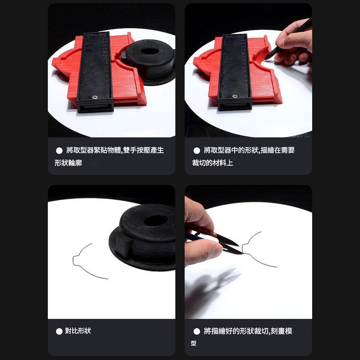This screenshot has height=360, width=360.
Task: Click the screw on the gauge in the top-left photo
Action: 95,96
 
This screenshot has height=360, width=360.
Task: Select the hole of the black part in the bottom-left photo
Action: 156,220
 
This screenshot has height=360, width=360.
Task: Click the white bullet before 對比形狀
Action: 59,331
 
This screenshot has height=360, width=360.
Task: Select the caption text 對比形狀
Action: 78,331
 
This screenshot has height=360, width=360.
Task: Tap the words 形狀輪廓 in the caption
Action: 68,163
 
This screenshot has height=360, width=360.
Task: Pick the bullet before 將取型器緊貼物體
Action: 59,150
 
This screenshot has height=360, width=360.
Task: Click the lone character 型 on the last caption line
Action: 193,343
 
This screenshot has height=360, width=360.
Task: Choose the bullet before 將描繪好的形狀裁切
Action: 197,331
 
